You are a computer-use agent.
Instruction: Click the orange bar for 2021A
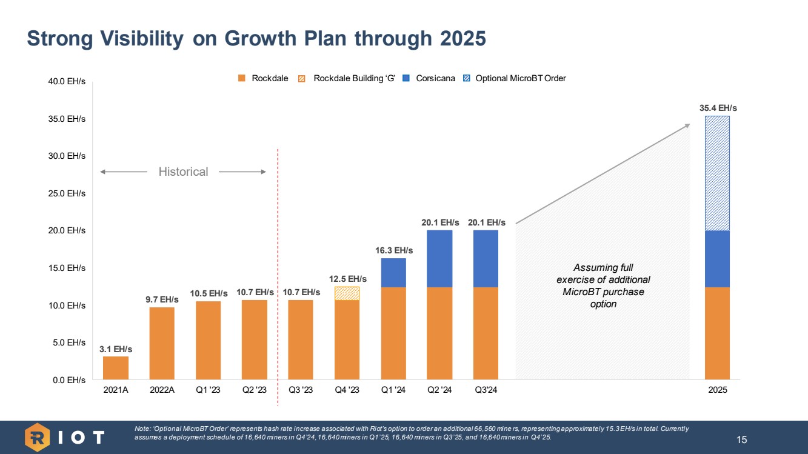click(x=115, y=368)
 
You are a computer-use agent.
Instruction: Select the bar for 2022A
click(x=162, y=343)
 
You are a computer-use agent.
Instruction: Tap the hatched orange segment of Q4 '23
click(x=347, y=293)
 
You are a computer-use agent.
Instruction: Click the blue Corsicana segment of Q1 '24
click(x=393, y=273)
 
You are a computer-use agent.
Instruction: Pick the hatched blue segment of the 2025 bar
click(x=716, y=173)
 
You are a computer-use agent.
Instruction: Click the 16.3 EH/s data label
click(x=393, y=250)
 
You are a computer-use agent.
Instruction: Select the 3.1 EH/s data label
click(x=115, y=349)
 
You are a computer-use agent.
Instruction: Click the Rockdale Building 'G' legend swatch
click(x=302, y=78)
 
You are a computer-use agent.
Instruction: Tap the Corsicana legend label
click(x=435, y=78)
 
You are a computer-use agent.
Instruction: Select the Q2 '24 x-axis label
click(x=439, y=390)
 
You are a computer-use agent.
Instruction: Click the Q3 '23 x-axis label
click(x=301, y=390)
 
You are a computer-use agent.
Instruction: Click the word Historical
click(x=183, y=172)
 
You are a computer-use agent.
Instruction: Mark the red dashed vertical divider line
click(x=278, y=273)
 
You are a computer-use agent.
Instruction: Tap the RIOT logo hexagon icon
click(x=37, y=437)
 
